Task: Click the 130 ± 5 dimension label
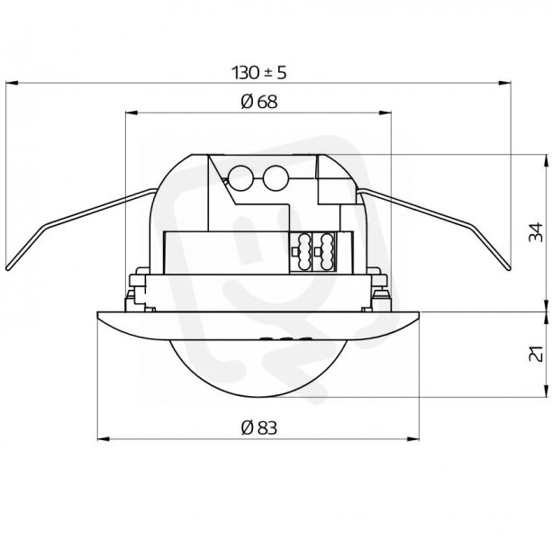click(258, 73)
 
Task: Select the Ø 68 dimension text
click(259, 102)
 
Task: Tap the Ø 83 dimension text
click(259, 427)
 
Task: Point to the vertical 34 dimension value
click(536, 232)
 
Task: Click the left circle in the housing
click(241, 178)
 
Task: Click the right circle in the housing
click(276, 178)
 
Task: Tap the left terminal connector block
click(301, 251)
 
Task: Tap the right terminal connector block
click(324, 251)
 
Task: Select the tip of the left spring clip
click(8, 269)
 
